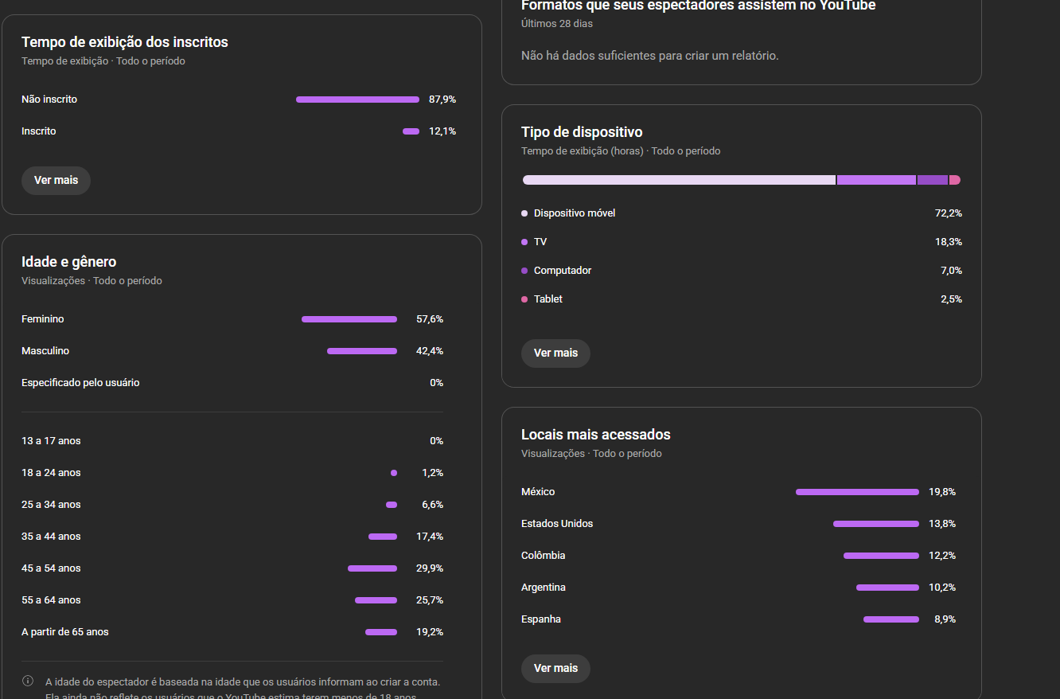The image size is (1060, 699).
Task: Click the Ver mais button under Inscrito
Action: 56,181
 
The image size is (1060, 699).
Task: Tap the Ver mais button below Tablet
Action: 555,353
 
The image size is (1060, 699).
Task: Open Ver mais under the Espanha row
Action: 555,669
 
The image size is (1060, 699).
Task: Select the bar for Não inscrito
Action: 357,100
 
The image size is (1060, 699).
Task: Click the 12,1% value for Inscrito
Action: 442,131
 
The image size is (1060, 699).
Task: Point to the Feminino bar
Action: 349,319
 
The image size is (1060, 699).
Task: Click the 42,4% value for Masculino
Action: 430,351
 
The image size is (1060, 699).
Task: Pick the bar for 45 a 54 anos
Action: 372,568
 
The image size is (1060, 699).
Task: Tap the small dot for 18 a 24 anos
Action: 394,473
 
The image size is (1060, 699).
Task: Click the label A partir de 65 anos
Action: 65,632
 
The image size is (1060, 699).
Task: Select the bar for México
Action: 857,492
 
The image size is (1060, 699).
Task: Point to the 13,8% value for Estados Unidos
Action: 942,524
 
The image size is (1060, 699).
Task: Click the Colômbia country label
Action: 544,556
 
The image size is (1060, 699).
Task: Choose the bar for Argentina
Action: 887,588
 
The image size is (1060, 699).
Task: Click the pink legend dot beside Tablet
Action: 524,299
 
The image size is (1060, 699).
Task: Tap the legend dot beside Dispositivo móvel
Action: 524,213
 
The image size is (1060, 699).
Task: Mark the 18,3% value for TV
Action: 949,242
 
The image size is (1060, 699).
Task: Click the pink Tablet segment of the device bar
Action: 955,180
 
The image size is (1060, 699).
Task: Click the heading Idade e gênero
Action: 69,262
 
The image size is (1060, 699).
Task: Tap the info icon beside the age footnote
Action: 28,681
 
